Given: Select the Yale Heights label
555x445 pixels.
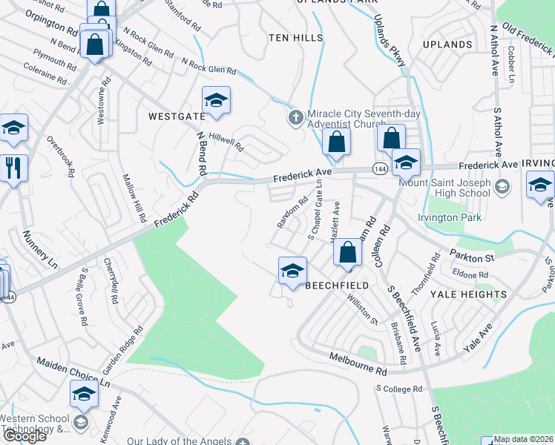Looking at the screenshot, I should pyautogui.click(x=469, y=294).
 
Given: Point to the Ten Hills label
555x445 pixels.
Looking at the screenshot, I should pyautogui.click(x=295, y=37).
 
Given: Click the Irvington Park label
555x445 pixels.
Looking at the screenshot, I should pyautogui.click(x=450, y=217).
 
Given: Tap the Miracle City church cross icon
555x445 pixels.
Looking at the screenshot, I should pyautogui.click(x=295, y=117).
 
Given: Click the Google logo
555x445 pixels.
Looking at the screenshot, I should pyautogui.click(x=24, y=436).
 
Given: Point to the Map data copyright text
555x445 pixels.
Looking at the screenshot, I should pyautogui.click(x=524, y=439).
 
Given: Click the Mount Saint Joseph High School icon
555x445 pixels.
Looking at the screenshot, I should pyautogui.click(x=502, y=185).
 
